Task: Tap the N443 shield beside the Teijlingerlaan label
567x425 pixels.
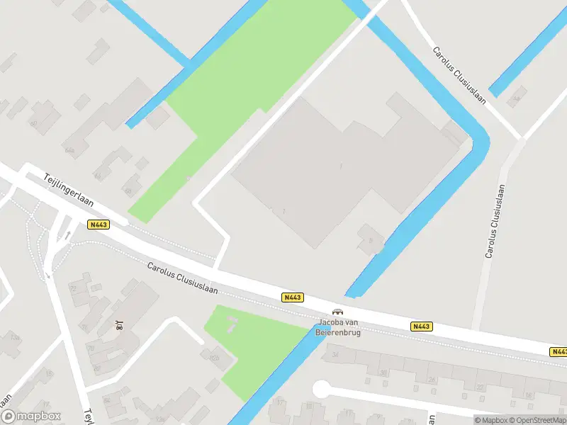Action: click(x=99, y=225)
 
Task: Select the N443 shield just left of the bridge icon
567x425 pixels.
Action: click(x=292, y=297)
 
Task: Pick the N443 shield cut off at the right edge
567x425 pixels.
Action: click(x=558, y=351)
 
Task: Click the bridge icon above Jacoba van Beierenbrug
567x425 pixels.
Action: click(x=338, y=312)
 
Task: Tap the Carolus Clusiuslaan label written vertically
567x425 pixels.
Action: click(x=495, y=220)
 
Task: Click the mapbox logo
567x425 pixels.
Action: click(x=31, y=416)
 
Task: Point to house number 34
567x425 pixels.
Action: click(x=335, y=354)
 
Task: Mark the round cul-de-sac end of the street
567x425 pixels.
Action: click(x=322, y=389)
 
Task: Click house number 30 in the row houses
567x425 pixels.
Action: click(x=383, y=373)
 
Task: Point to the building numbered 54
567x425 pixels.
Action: click(x=517, y=97)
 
